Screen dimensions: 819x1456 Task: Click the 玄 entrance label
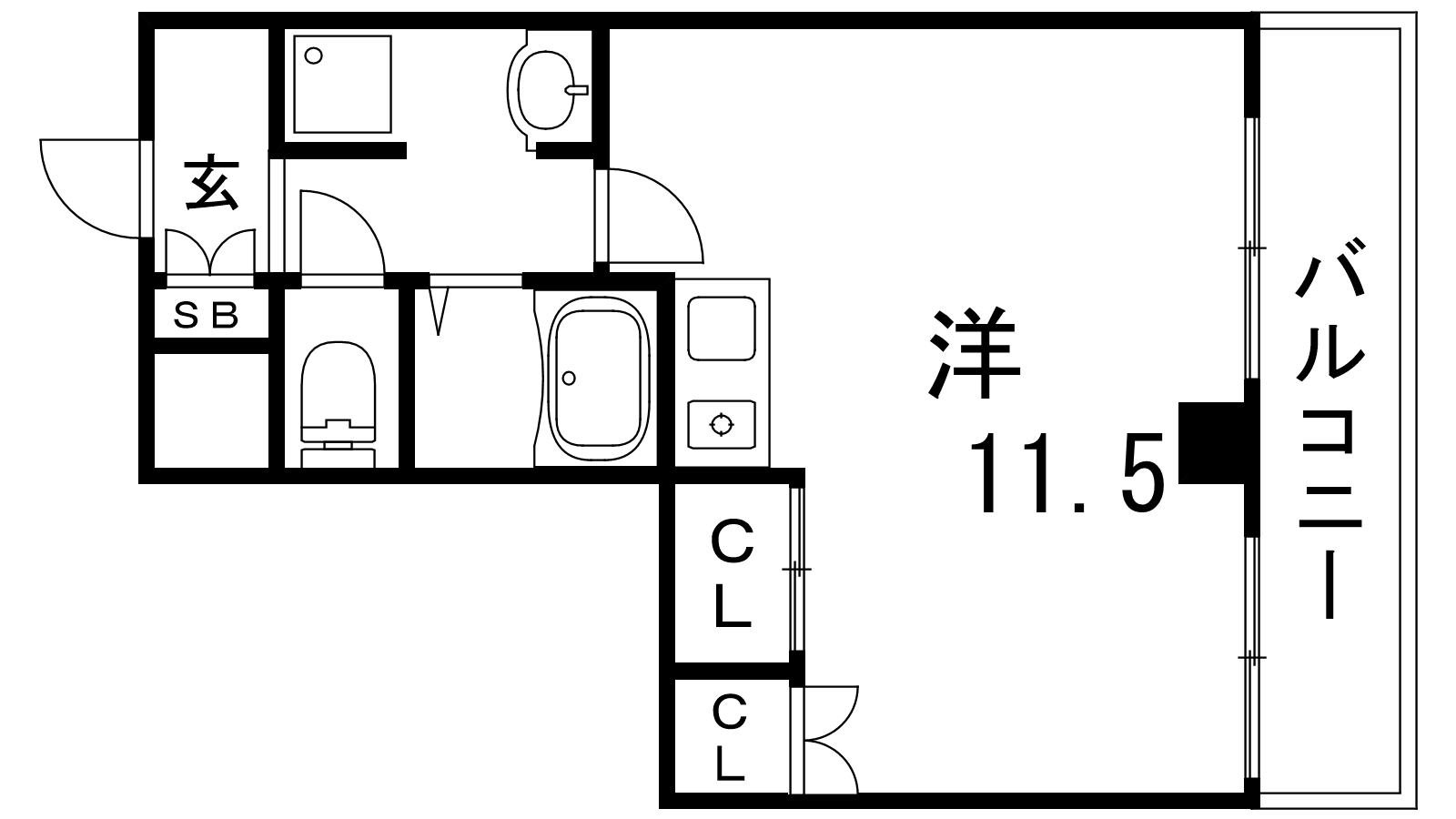[212, 183]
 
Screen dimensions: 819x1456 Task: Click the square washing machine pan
[343, 84]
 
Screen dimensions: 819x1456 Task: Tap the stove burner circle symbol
[722, 424]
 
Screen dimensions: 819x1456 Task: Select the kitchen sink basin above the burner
[722, 327]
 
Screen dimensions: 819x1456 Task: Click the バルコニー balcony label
[1330, 428]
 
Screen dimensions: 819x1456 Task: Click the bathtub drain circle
[570, 378]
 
